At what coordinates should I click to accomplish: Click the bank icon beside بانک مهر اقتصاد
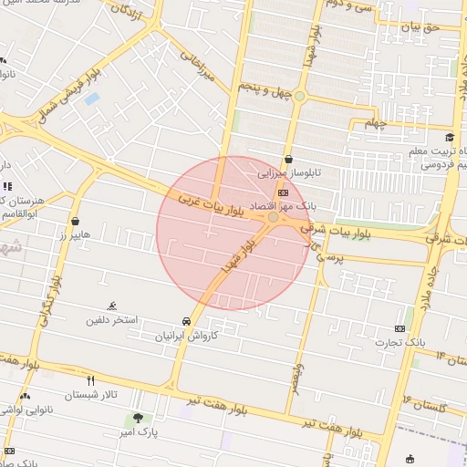coord(283,192)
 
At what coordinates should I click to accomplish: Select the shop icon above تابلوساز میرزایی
coord(288,159)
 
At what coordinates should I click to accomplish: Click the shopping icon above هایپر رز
coord(74,221)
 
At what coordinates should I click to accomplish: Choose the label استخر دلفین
coord(112,320)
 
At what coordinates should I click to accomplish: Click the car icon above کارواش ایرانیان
coord(186,321)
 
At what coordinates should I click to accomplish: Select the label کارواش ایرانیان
coord(186,336)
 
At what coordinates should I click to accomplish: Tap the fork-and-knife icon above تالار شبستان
coord(90,379)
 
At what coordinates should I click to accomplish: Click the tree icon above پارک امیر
coord(138,419)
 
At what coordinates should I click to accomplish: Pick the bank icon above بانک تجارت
coord(400,328)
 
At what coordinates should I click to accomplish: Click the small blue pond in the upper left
coord(91,99)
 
